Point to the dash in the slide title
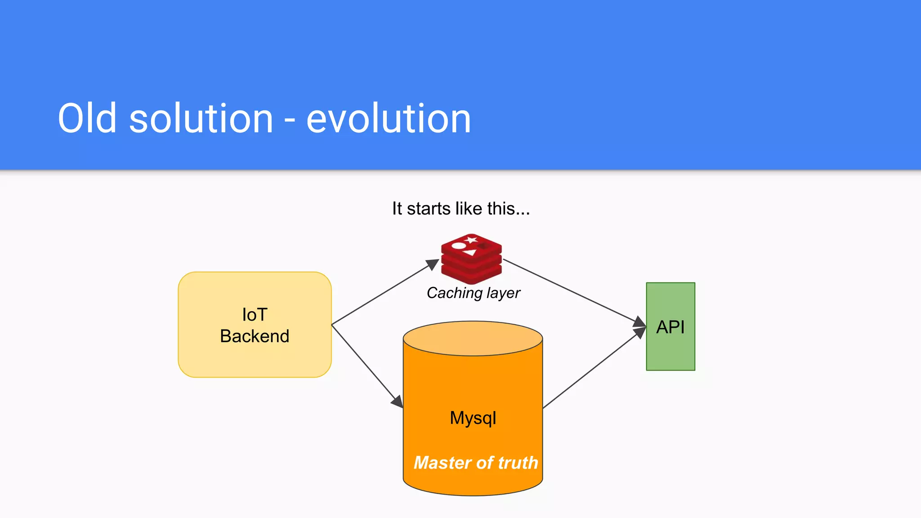pos(290,121)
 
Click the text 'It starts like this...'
pos(461,209)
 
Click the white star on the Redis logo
pos(471,239)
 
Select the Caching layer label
pos(473,293)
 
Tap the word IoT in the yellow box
pos(255,315)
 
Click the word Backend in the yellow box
pos(255,336)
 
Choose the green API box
pos(671,327)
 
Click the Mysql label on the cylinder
pos(473,418)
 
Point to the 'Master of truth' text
pos(476,463)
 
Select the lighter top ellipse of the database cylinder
pos(473,338)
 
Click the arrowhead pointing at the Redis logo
pos(433,264)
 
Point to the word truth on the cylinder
pos(518,463)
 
